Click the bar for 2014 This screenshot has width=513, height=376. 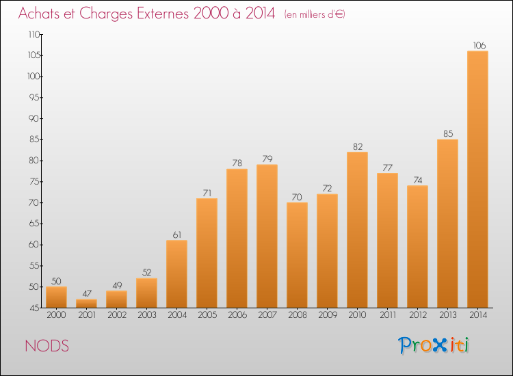click(x=477, y=179)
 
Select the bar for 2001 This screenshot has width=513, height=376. click(x=86, y=303)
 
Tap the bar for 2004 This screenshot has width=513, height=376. click(x=176, y=273)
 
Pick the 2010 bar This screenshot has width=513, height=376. click(x=357, y=229)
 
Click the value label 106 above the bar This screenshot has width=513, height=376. click(x=477, y=46)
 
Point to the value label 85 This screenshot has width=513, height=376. click(x=447, y=134)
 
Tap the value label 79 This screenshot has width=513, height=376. click(x=267, y=159)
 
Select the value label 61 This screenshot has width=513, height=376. click(x=176, y=235)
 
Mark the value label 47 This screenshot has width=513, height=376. click(x=86, y=294)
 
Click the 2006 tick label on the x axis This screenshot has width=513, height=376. click(x=237, y=315)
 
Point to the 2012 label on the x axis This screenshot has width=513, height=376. click(x=417, y=315)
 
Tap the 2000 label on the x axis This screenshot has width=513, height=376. click(x=56, y=315)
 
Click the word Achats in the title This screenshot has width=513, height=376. click(x=42, y=14)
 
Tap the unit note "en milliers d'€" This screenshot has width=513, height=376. click(x=315, y=14)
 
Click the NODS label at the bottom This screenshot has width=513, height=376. click(x=47, y=346)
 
